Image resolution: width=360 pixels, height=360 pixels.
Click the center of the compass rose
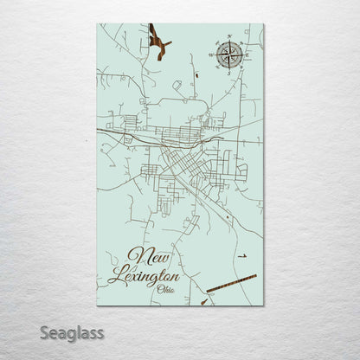pyautogui.click(x=229, y=56)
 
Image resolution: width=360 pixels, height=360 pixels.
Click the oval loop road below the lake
pyautogui.click(x=176, y=87)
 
